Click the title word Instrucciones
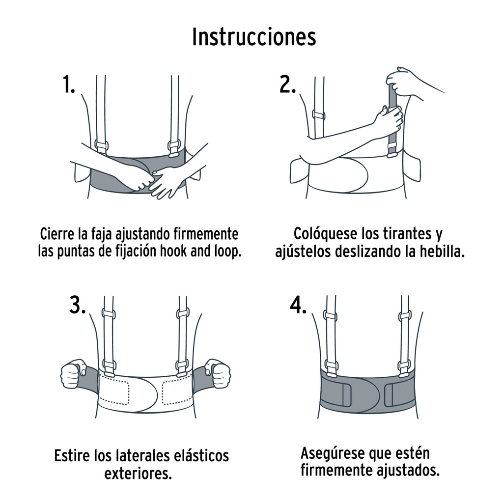pos(254,37)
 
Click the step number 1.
pos(69,84)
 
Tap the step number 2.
pos(287,84)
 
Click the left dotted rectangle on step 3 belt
pos(114,391)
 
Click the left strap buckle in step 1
pos(101,146)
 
